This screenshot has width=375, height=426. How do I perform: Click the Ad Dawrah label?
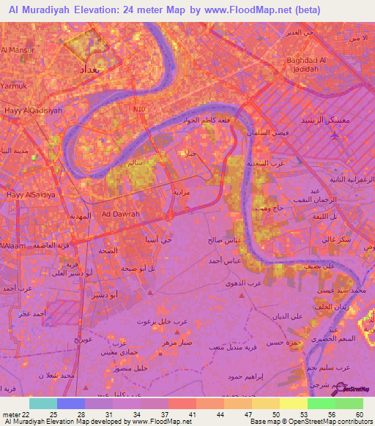pyautogui.click(x=121, y=214)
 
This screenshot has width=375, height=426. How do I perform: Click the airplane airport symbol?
pyautogui.click(x=335, y=136)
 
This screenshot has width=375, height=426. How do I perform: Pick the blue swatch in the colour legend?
pyautogui.click(x=71, y=403)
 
